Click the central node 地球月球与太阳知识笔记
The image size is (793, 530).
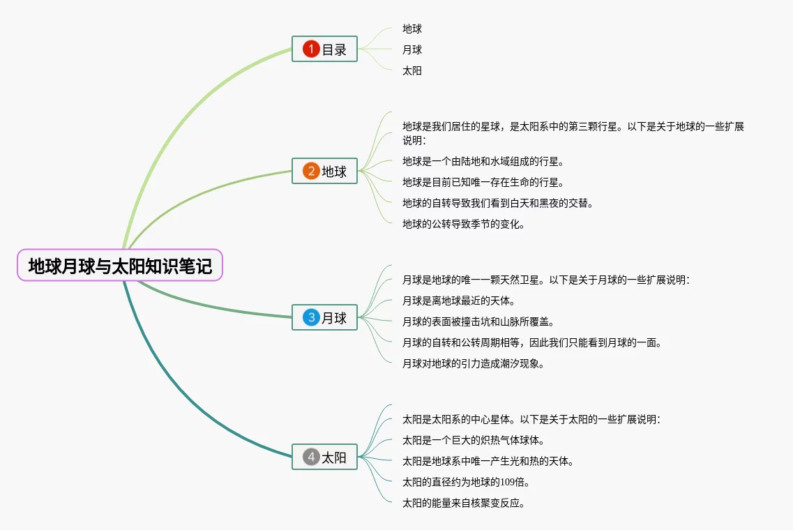click(x=120, y=266)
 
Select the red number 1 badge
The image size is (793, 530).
click(x=311, y=49)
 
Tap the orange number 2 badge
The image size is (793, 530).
click(x=311, y=171)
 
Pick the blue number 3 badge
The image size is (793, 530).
click(x=311, y=318)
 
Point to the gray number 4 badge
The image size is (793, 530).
click(x=311, y=457)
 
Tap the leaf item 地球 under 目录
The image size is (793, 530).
click(x=412, y=29)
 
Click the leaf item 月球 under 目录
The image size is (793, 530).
click(x=412, y=50)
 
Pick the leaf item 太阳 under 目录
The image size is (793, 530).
click(x=412, y=71)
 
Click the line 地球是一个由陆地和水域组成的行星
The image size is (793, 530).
click(x=483, y=162)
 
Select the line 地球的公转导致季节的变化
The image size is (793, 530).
click(x=463, y=225)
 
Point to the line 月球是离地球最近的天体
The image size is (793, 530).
click(x=458, y=301)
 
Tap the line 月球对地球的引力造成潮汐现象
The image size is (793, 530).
click(x=473, y=364)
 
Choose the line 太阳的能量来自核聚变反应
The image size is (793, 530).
click(x=463, y=503)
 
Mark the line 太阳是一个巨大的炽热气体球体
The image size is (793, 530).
click(x=473, y=441)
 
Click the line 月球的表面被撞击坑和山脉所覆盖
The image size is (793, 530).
click(x=478, y=322)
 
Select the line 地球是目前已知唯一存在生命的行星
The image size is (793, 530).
click(x=483, y=183)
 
